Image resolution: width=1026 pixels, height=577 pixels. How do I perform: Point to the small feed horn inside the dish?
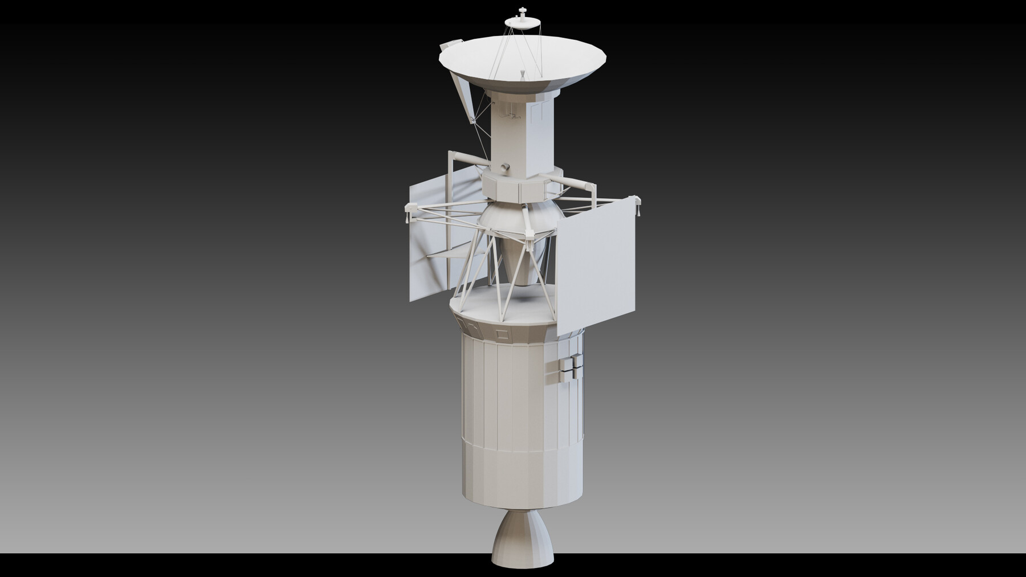523,74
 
